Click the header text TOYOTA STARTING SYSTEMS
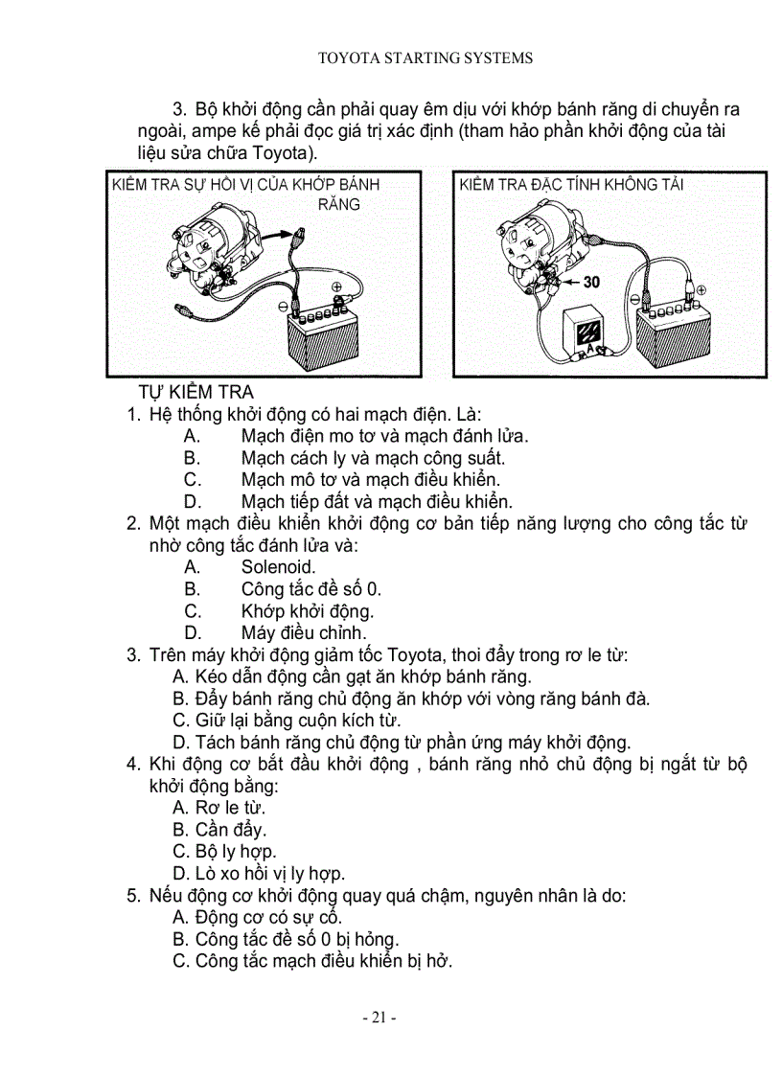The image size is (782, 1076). (425, 58)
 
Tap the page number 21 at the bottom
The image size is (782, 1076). (379, 1018)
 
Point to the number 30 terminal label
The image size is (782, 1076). (591, 283)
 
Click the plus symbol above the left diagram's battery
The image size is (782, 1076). (336, 286)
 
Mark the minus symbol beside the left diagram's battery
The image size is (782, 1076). (284, 307)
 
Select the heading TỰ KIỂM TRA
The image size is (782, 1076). (195, 393)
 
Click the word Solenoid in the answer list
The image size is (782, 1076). (278, 567)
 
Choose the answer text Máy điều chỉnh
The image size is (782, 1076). (303, 633)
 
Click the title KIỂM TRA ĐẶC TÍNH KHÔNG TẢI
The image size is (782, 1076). (571, 185)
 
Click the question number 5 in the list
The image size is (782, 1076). (132, 896)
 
